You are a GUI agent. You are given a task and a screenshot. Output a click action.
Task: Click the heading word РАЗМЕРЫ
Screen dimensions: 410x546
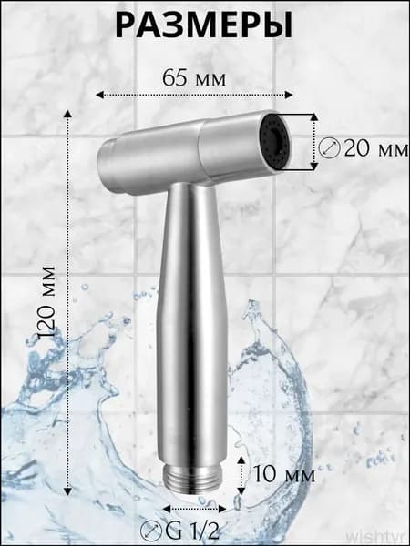[x=204, y=25]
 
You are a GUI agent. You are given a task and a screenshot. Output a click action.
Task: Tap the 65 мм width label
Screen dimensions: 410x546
[x=194, y=78]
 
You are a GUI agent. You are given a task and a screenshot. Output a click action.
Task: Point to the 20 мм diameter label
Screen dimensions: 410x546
[x=375, y=149]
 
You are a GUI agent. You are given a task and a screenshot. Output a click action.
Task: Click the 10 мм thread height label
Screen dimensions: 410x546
[x=283, y=474]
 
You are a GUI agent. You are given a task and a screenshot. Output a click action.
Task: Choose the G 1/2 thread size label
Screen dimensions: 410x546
[x=192, y=531]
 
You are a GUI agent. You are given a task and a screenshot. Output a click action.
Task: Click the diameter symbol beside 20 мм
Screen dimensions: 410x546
[x=329, y=148]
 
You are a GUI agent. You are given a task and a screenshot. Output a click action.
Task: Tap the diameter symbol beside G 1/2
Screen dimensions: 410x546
[x=151, y=532]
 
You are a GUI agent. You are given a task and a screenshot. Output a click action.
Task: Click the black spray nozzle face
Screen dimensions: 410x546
[x=276, y=142]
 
